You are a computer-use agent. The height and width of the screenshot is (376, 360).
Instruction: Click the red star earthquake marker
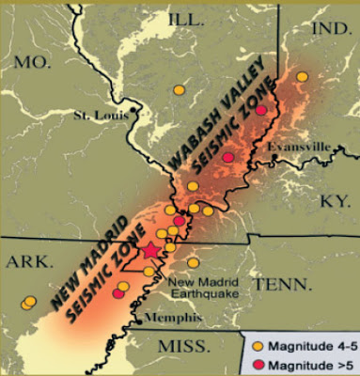point(150,251)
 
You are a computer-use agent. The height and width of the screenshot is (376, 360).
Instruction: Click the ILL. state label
point(188,19)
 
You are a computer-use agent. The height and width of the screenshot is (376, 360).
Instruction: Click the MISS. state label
point(183,347)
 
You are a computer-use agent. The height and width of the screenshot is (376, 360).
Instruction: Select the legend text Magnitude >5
point(304,362)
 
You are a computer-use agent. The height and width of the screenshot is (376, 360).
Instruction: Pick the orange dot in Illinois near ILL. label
point(179,90)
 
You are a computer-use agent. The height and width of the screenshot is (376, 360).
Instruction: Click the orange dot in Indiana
point(302,77)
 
